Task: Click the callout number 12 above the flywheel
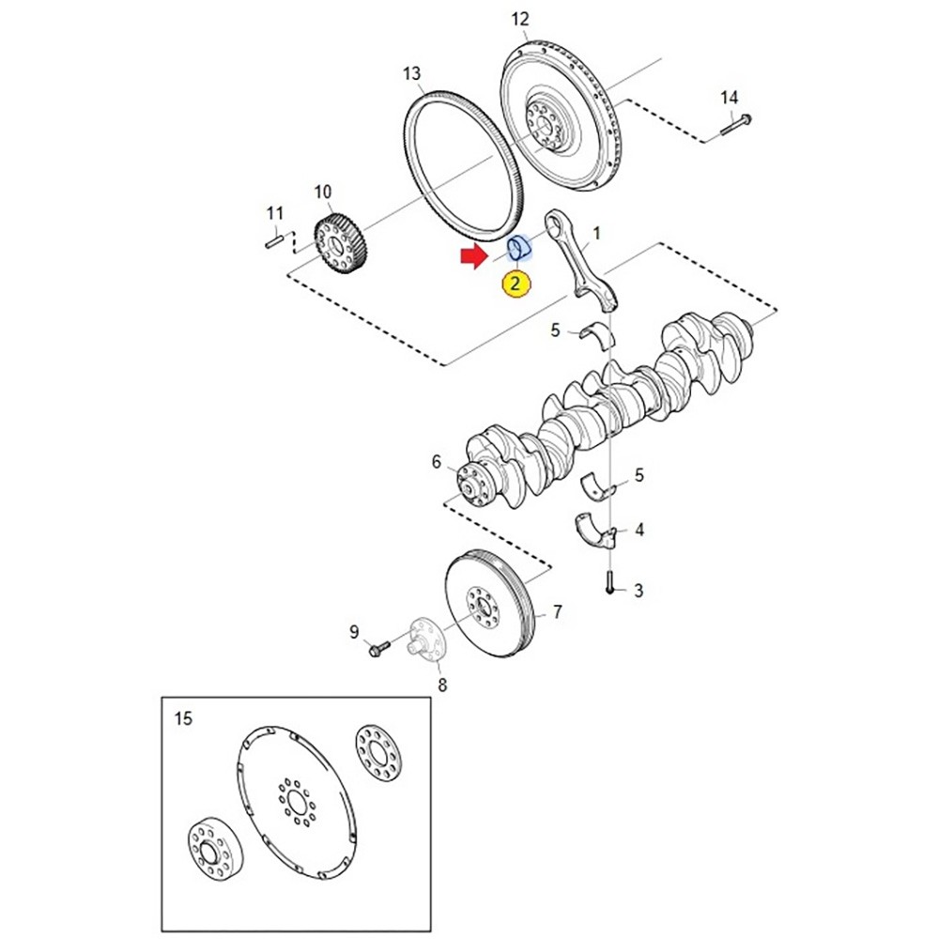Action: click(520, 19)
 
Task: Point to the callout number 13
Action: click(411, 73)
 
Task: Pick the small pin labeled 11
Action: click(273, 242)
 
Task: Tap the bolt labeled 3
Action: click(609, 581)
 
